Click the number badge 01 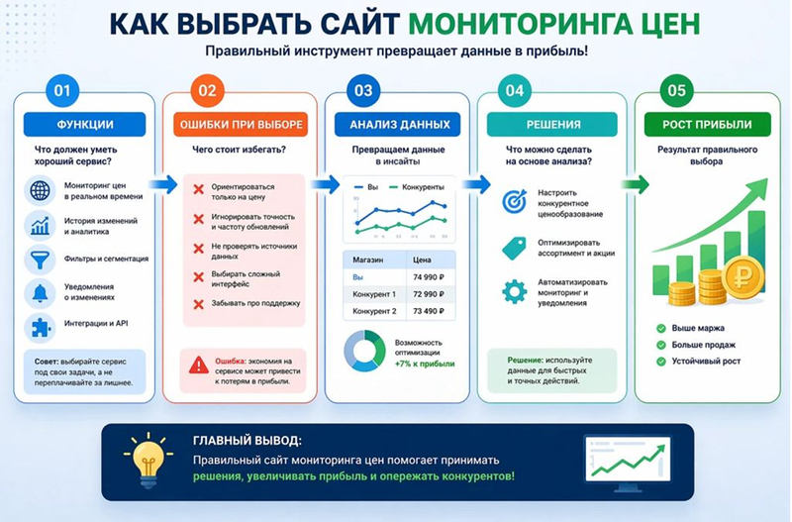[x=62, y=92]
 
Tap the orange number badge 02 [x=207, y=92]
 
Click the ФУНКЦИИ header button [x=84, y=125]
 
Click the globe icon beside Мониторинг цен [x=41, y=190]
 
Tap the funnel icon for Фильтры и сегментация [x=41, y=259]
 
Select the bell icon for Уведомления [x=41, y=293]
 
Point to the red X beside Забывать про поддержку [x=199, y=303]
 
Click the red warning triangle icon [x=199, y=365]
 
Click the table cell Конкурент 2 [x=374, y=312]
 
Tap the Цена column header [x=423, y=260]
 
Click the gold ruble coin [x=742, y=276]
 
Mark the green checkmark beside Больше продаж [x=661, y=345]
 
